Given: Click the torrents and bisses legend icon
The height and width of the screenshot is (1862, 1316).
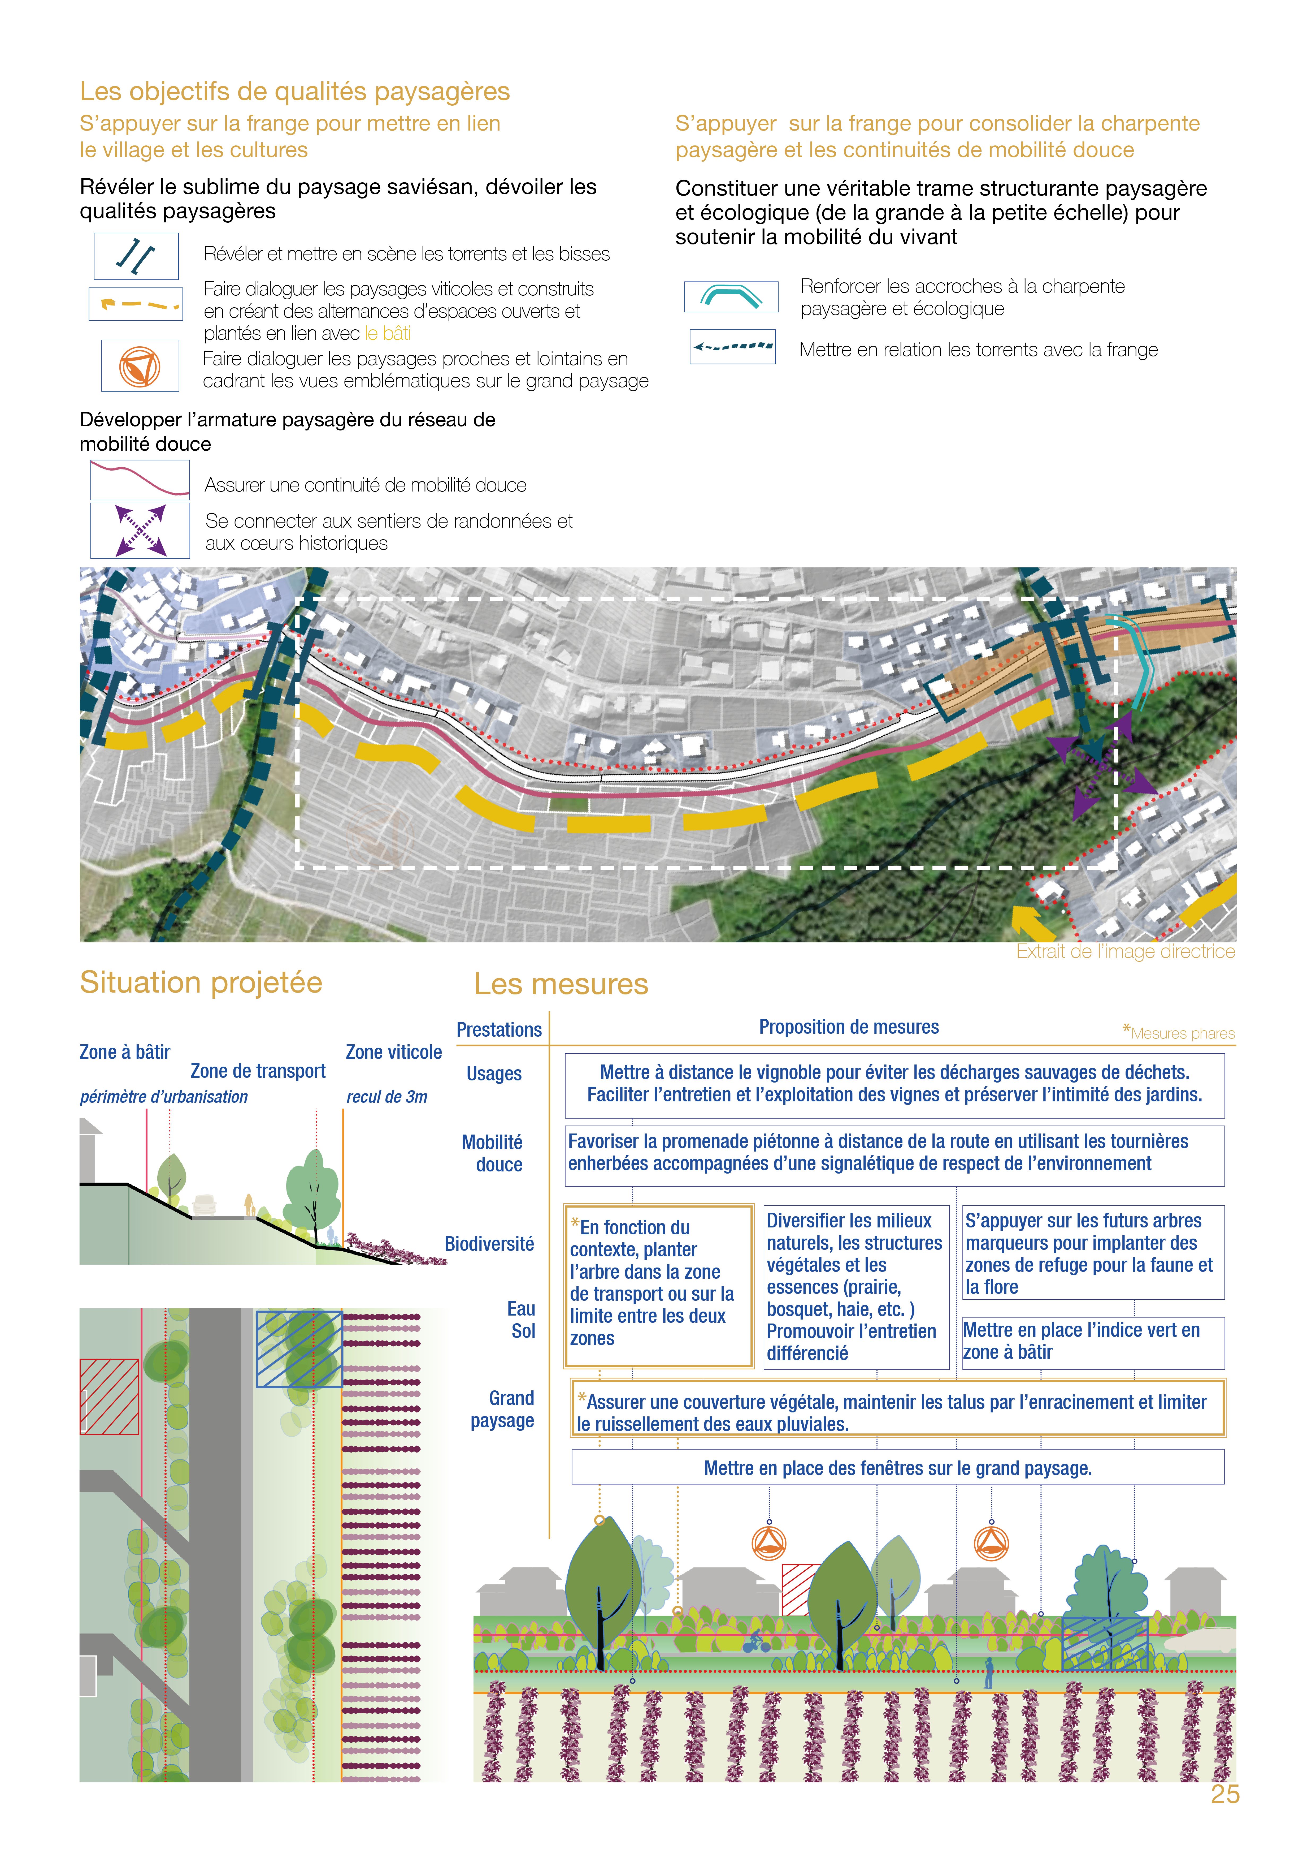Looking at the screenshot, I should coord(136,256).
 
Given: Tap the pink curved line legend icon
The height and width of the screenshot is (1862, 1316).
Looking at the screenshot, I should coord(140,479).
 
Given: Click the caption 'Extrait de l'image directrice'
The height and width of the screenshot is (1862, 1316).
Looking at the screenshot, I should coord(1126,951).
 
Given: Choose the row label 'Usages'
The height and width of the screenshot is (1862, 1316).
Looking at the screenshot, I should coord(494,1074).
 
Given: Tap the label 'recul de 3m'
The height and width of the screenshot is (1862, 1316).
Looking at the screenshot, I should coord(387,1096).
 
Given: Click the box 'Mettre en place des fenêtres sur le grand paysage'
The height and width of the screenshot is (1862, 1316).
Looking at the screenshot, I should coord(898,1468).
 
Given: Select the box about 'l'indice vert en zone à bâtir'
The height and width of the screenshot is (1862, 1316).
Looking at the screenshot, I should coord(1092,1341).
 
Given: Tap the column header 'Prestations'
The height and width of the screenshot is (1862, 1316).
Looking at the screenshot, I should coord(499,1030).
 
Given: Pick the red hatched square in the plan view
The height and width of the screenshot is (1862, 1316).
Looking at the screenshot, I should coord(110,1396).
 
